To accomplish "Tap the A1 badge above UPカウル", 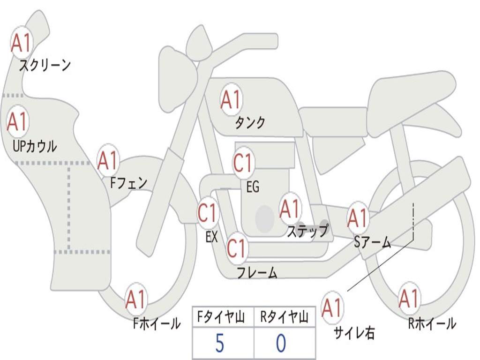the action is (x=18, y=122).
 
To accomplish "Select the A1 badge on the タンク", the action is (x=231, y=99).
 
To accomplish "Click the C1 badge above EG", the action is (x=243, y=163).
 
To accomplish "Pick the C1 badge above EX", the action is (x=208, y=213).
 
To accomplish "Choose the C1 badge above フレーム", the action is (x=236, y=248).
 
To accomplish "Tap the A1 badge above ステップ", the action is (x=290, y=209).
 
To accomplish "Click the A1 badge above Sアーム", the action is (x=358, y=218).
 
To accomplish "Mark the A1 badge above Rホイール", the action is (x=409, y=299).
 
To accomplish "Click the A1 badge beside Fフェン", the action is (x=108, y=161).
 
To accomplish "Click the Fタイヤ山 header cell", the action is (x=223, y=317).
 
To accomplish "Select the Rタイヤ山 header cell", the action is (x=284, y=317).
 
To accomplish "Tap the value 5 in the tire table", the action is (x=219, y=344).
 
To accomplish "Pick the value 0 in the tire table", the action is (x=281, y=344).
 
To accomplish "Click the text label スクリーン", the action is (x=45, y=65).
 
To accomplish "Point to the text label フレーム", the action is (x=257, y=272).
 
